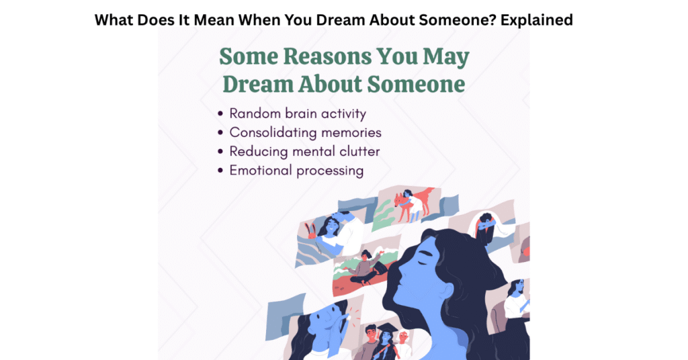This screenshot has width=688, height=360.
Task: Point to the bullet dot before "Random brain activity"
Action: pos(221,114)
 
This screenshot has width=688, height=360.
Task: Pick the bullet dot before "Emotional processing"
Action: pos(221,171)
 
